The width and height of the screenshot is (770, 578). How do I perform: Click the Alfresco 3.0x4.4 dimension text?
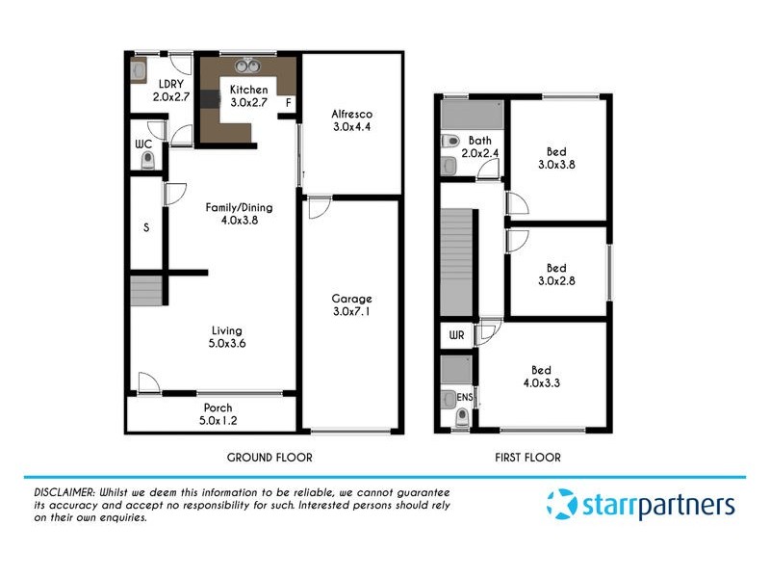click(x=351, y=126)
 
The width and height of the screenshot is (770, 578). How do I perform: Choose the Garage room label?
click(x=351, y=299)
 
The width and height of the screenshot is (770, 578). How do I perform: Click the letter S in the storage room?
click(x=146, y=228)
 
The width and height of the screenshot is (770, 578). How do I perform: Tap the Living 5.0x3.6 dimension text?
click(x=228, y=343)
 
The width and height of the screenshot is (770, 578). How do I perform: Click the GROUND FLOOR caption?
click(x=269, y=458)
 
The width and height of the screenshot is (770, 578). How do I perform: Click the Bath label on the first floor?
click(x=479, y=141)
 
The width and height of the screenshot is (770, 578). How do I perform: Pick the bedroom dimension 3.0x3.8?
click(x=556, y=164)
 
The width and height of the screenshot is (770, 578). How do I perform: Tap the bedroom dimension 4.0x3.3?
click(x=541, y=382)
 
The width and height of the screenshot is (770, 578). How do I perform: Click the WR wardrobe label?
click(x=456, y=334)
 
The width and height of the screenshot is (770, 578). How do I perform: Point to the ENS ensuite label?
click(x=465, y=395)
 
